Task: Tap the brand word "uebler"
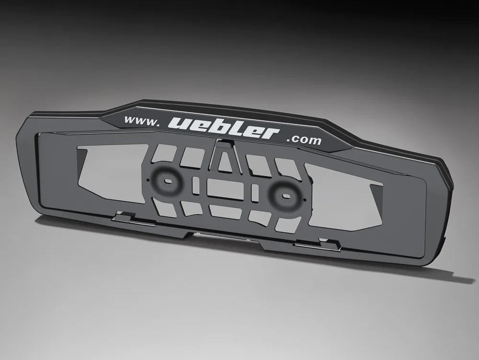click(x=224, y=128)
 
